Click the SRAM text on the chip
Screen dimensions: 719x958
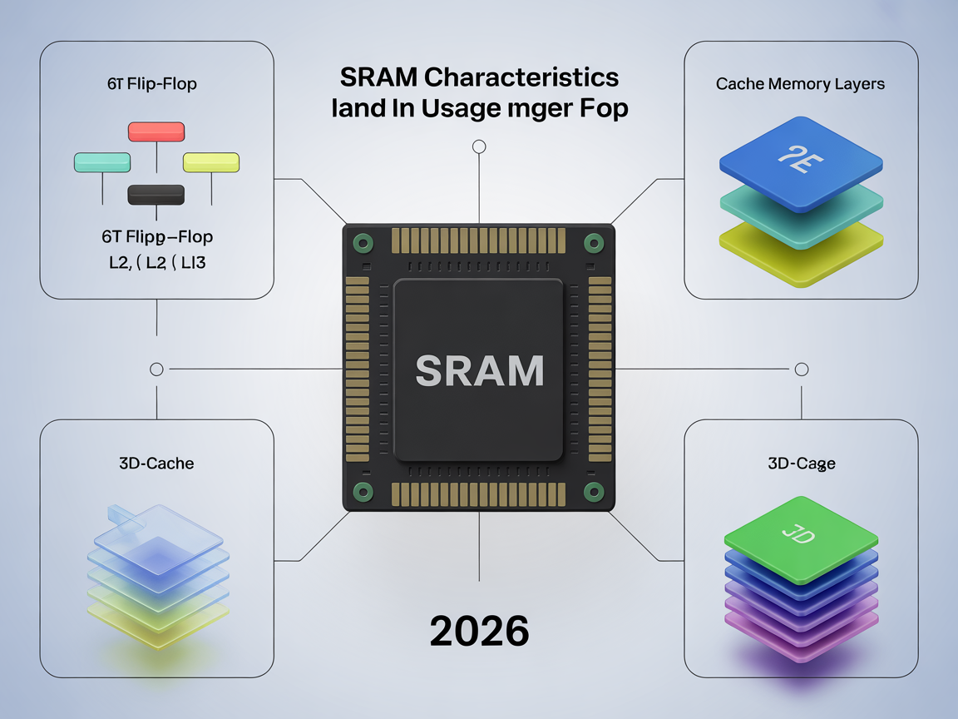point(479,370)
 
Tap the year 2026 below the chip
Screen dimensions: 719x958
point(479,632)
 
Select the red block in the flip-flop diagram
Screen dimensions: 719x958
point(156,131)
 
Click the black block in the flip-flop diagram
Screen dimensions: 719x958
point(156,194)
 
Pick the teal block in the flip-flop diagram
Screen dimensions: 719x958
point(102,162)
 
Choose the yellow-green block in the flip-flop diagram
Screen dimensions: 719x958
point(211,162)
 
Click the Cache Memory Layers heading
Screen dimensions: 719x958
point(800,84)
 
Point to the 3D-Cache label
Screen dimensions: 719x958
point(156,463)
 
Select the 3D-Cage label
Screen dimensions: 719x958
point(802,464)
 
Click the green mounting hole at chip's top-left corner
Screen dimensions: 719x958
point(363,243)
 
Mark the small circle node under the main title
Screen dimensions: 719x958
point(478,147)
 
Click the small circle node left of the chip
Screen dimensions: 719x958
point(156,369)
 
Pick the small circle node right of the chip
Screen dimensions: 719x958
point(802,369)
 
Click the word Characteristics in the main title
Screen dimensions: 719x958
point(523,77)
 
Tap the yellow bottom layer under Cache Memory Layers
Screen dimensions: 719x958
point(800,245)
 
